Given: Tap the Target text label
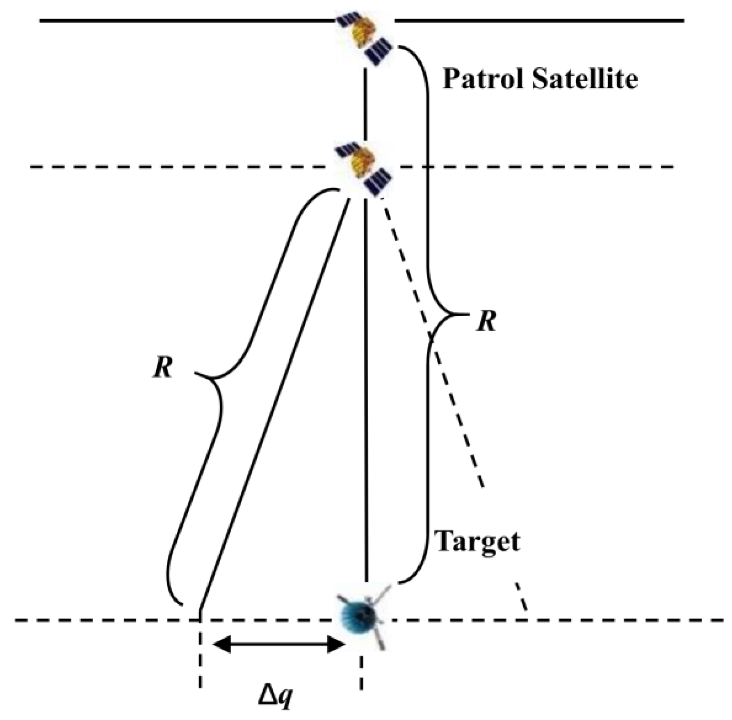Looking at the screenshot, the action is (x=478, y=542).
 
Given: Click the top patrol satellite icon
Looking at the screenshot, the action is (x=363, y=38).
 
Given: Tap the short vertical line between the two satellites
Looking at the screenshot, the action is (x=365, y=105).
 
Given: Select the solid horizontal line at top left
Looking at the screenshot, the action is (x=185, y=20).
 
